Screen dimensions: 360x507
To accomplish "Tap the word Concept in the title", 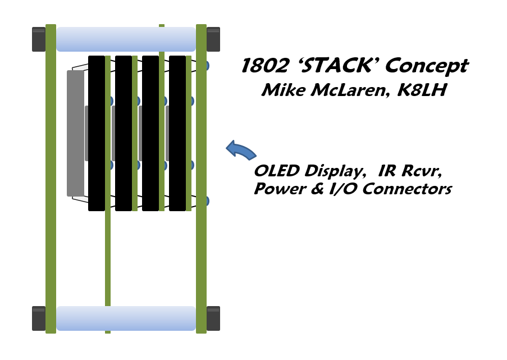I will pyautogui.click(x=427, y=66).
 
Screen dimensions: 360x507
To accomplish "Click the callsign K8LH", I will pyautogui.click(x=421, y=90).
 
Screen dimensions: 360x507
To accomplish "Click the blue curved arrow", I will pyautogui.click(x=240, y=149).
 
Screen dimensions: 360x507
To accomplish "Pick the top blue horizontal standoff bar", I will pyautogui.click(x=126, y=39).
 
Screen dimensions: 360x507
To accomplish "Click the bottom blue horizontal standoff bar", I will pyautogui.click(x=126, y=318).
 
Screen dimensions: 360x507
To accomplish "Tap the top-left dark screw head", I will pyautogui.click(x=39, y=39).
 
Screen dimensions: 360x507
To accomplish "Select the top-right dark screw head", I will pyautogui.click(x=213, y=39).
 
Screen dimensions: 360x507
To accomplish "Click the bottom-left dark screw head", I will pyautogui.click(x=39, y=318).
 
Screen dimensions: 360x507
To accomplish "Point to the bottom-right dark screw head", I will pyautogui.click(x=213, y=318).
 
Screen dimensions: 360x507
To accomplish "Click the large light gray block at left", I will pyautogui.click(x=75, y=133).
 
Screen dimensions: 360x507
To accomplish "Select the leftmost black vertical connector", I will pyautogui.click(x=97, y=133).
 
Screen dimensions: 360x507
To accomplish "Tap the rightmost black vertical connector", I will pyautogui.click(x=177, y=133).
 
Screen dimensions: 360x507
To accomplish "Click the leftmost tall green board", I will pyautogui.click(x=51, y=179).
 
